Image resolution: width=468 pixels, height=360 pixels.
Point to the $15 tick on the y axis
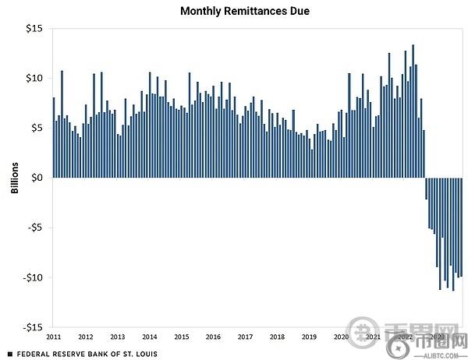(x=34, y=28)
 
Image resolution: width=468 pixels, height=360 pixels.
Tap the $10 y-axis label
(x=34, y=78)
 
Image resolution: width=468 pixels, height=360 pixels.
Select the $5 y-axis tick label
(x=36, y=128)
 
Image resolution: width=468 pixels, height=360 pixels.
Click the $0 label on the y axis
(x=36, y=178)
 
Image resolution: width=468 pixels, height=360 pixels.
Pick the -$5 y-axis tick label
(x=34, y=228)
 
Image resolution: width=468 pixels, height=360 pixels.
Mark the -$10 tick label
(x=32, y=277)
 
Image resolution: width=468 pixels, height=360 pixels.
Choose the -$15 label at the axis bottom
(x=32, y=327)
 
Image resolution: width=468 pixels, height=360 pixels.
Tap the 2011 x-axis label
(x=54, y=337)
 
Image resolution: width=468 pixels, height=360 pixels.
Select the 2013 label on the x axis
(x=117, y=337)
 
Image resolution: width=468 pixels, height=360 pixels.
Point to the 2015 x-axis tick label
(x=181, y=337)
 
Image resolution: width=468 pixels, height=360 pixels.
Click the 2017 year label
(x=245, y=337)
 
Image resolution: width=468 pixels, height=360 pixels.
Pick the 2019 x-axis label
(x=309, y=337)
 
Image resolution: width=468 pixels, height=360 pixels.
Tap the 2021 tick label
(x=373, y=337)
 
